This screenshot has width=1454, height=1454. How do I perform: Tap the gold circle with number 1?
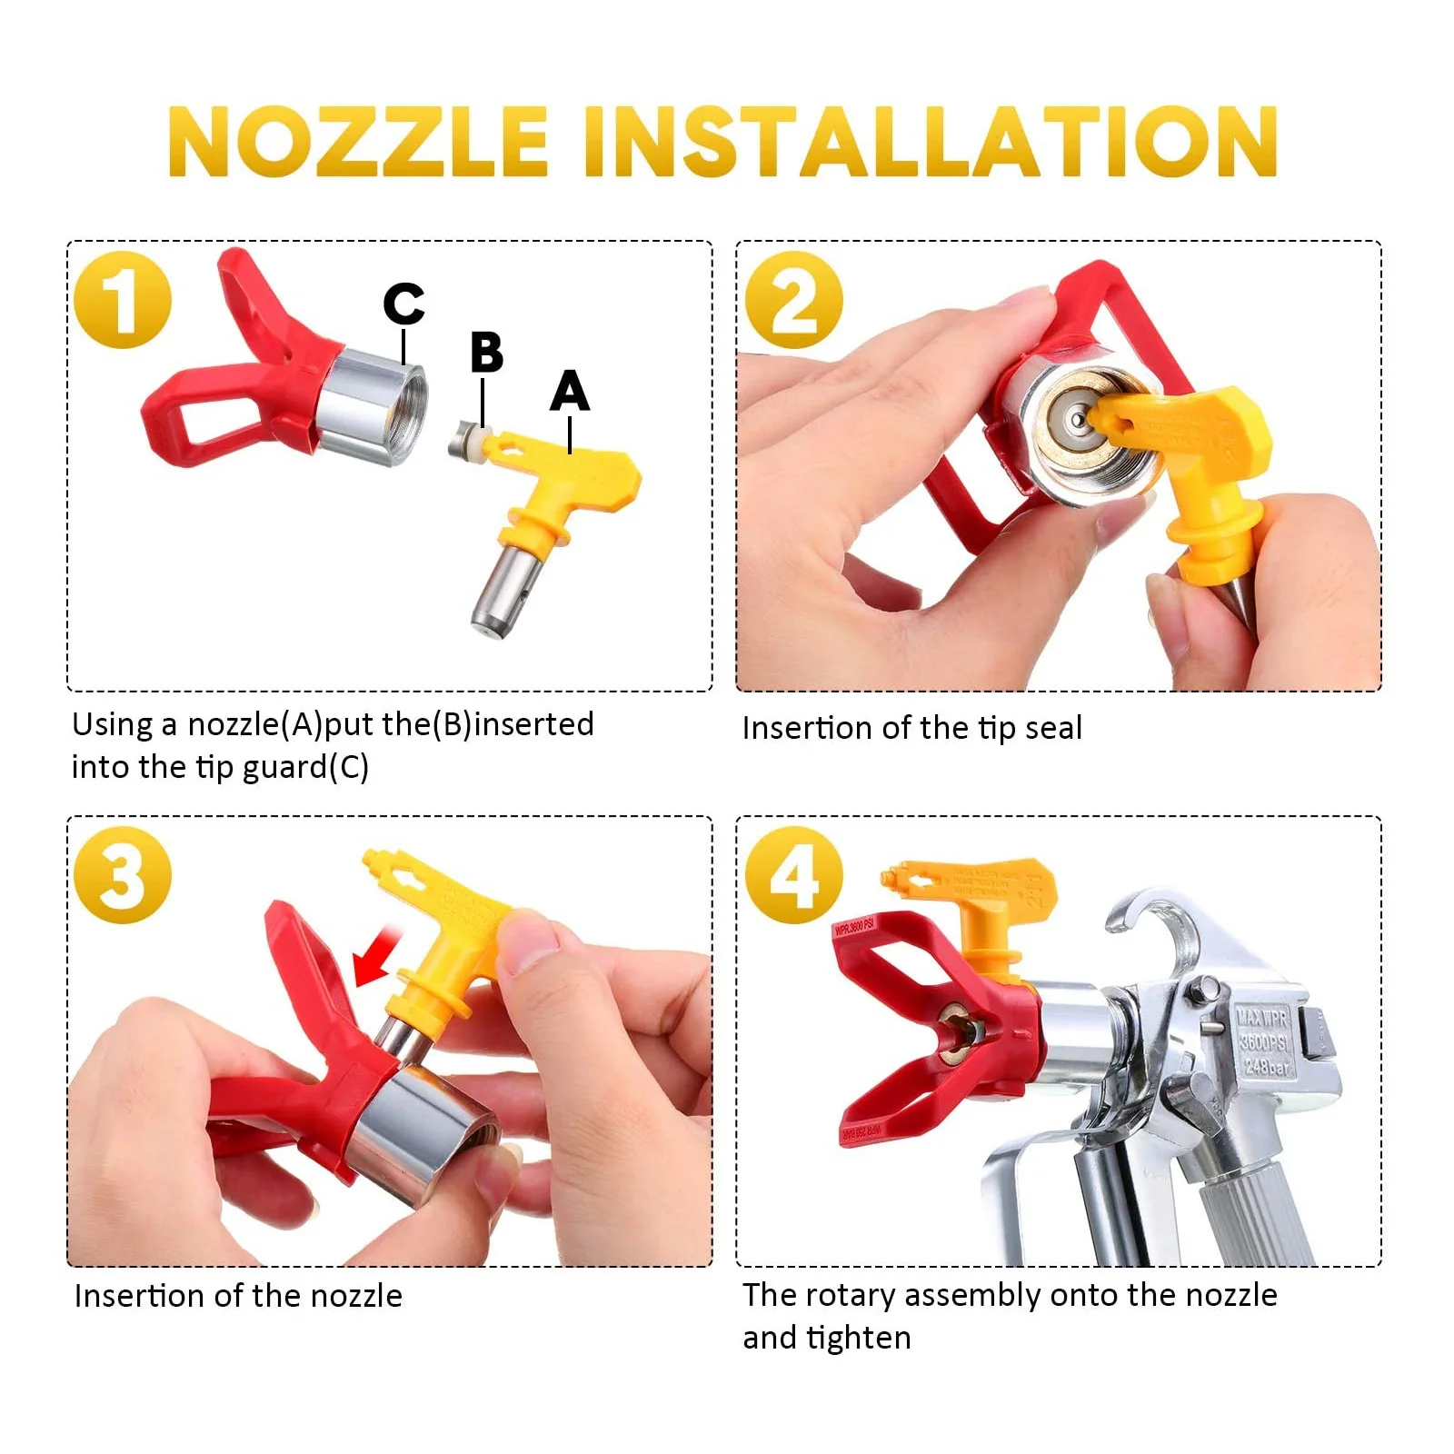point(123,300)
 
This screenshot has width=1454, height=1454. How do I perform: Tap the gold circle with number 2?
point(793,300)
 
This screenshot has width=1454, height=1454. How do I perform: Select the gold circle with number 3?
point(123,875)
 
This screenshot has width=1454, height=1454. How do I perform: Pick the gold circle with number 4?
point(793,875)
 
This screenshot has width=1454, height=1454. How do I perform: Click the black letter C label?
point(403,303)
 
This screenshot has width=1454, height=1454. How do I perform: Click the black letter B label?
point(486,353)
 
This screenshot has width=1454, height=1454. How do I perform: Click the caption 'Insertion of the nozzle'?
point(238,1295)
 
